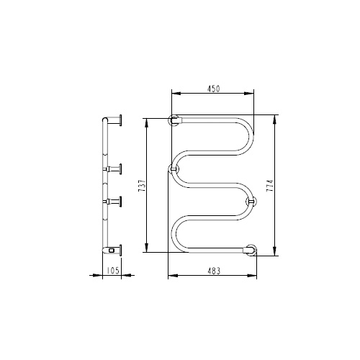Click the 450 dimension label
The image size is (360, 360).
click(213, 89)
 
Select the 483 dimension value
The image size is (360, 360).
click(213, 271)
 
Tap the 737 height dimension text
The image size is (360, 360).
click(142, 185)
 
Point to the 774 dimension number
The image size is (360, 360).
click(271, 186)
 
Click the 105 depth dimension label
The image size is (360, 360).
click(113, 271)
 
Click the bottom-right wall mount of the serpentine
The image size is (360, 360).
click(251, 251)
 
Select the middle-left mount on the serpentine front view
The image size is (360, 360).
click(174, 169)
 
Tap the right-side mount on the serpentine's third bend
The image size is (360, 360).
click(251, 202)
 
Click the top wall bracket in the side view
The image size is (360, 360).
click(115, 120)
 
